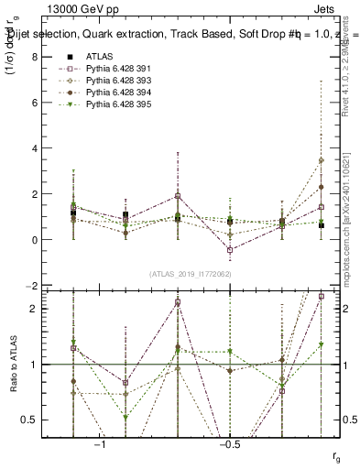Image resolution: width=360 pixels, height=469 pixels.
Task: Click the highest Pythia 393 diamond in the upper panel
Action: click(x=322, y=160)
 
